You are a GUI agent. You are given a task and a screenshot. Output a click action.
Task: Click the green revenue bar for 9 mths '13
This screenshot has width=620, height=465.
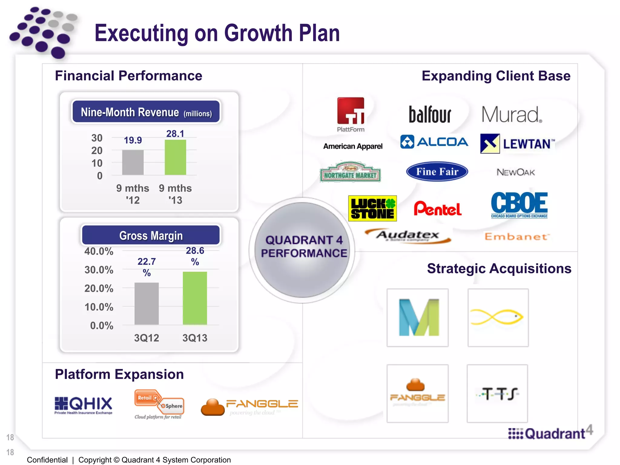click(x=175, y=157)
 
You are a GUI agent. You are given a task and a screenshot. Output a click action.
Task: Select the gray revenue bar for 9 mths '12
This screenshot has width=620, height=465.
click(x=133, y=162)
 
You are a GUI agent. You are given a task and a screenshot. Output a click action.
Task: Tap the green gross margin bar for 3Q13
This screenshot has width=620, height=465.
click(x=195, y=298)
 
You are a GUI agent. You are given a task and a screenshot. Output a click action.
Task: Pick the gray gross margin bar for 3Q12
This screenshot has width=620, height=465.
click(x=147, y=303)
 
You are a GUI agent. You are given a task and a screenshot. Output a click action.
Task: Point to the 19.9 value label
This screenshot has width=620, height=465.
click(x=133, y=140)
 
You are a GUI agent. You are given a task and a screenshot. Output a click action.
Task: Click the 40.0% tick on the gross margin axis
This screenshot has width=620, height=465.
click(x=99, y=251)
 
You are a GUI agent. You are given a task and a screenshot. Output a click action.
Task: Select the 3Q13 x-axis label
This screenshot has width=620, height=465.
click(x=195, y=338)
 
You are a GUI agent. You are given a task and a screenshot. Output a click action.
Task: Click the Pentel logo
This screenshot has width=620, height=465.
click(x=437, y=209)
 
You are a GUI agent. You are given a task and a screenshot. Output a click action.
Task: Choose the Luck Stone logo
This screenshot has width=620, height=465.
click(x=372, y=208)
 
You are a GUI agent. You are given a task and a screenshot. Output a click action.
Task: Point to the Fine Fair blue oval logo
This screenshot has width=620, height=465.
click(x=437, y=172)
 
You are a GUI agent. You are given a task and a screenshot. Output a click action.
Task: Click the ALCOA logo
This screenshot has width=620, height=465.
click(x=434, y=142)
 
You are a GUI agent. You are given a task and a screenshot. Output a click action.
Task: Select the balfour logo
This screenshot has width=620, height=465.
click(x=430, y=114)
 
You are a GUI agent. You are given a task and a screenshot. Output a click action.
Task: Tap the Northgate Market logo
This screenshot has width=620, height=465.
click(x=350, y=172)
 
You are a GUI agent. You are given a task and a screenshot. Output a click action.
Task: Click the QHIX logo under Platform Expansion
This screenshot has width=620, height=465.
click(x=83, y=405)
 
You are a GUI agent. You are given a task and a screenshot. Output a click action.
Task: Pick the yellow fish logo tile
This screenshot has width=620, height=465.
click(x=498, y=318)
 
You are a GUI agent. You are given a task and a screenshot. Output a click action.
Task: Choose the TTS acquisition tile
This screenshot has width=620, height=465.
click(x=497, y=394)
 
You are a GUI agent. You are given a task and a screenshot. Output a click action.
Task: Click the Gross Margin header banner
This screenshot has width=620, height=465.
click(x=151, y=235)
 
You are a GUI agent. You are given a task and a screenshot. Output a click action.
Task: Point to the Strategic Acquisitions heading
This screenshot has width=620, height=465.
click(x=499, y=269)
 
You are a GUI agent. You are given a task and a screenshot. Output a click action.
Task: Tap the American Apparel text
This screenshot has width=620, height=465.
click(x=353, y=146)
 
